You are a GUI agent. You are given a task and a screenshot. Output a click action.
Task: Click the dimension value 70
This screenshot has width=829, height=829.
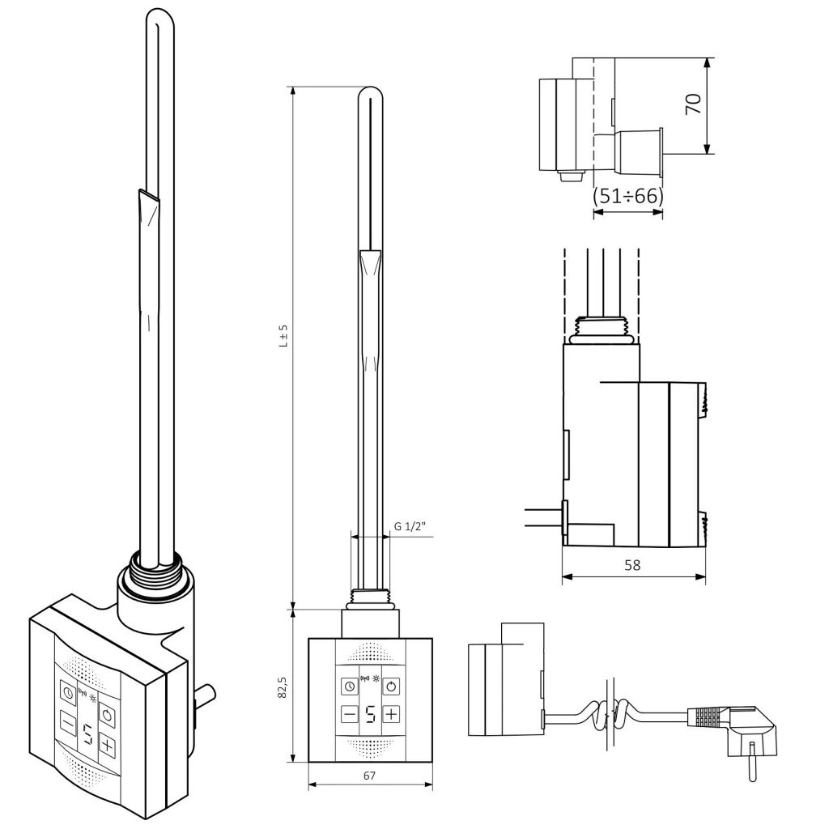pyautogui.click(x=693, y=104)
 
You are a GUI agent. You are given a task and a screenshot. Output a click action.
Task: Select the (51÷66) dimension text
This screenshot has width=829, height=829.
pyautogui.click(x=627, y=196)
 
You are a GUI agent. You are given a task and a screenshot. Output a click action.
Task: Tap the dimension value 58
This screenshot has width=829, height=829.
pyautogui.click(x=632, y=565)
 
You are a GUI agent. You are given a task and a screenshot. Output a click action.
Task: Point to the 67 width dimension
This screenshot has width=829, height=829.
pyautogui.click(x=369, y=775)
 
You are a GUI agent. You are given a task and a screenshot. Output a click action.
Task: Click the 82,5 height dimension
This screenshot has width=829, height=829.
pyautogui.click(x=283, y=686)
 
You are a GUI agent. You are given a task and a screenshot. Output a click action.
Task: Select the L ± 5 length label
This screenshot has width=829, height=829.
pyautogui.click(x=283, y=335)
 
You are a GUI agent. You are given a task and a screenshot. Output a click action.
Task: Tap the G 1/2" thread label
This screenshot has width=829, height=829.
pyautogui.click(x=410, y=526)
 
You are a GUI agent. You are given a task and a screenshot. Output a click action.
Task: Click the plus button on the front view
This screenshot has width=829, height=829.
pyautogui.click(x=391, y=714)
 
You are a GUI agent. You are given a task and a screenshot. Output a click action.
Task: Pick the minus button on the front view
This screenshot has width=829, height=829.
pyautogui.click(x=350, y=715)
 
